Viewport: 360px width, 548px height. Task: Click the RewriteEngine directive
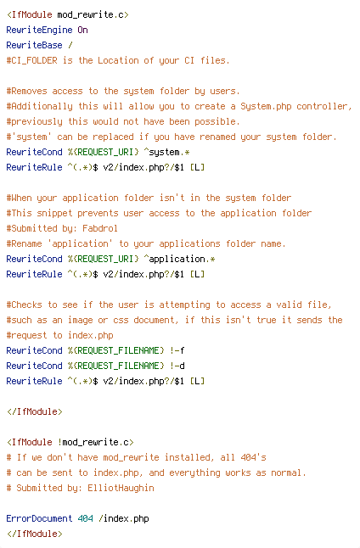point(39,31)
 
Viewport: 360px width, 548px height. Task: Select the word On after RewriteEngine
point(82,30)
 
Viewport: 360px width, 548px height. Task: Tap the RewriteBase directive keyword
point(34,46)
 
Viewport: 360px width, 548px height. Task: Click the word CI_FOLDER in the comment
point(34,61)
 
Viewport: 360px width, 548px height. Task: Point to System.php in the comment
point(266,107)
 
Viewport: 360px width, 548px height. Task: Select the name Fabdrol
point(100,228)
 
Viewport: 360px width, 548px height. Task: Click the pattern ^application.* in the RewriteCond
point(179,259)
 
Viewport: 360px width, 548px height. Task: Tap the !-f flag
point(177,350)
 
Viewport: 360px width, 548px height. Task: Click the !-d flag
point(177,366)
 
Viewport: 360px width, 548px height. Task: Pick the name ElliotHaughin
point(121,489)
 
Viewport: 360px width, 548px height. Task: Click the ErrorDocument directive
point(39,518)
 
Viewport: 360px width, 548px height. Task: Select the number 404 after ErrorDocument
point(86,518)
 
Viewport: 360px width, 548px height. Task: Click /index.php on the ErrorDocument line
point(123,518)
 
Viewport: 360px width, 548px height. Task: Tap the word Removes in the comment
point(30,92)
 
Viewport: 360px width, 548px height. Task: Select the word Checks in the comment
point(26,305)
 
